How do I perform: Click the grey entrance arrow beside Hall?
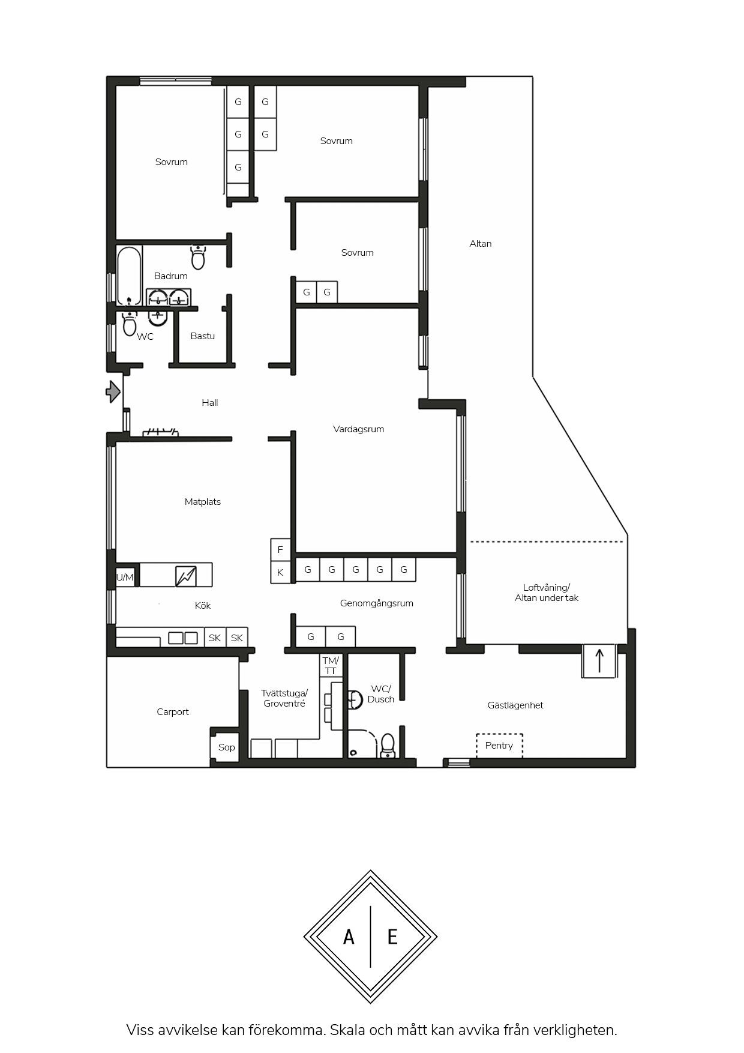tap(113, 391)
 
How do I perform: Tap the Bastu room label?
tap(203, 336)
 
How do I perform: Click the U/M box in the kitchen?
tap(125, 578)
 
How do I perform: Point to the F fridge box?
tap(280, 550)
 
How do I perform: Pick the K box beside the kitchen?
tap(280, 573)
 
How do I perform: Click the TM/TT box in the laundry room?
tap(331, 666)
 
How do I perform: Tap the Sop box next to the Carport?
tap(227, 747)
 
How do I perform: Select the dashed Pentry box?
tap(499, 746)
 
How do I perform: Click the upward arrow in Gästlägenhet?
tap(599, 661)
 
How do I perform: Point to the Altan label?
tap(481, 244)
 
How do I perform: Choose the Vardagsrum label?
tap(359, 429)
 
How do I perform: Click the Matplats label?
tap(203, 502)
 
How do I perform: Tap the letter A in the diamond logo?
tap(349, 937)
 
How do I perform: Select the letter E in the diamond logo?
tap(392, 937)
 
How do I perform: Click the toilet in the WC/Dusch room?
tap(388, 746)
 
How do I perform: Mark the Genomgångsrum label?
tap(377, 603)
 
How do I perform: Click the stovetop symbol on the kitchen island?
tap(186, 576)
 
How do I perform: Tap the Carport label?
tap(173, 712)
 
